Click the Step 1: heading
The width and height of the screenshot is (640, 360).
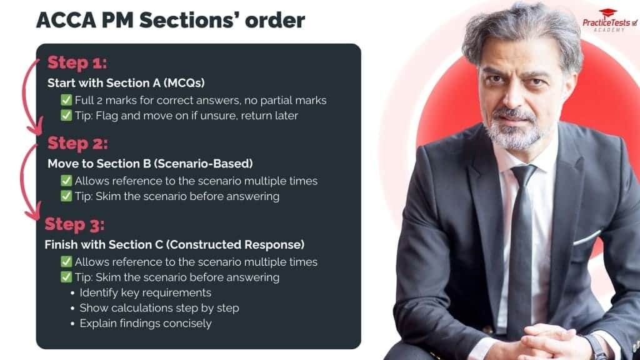pos(77,63)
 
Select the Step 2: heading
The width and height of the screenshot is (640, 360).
pos(77,143)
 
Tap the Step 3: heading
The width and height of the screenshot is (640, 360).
pos(74,224)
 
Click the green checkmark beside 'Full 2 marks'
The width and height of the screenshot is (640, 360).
pos(66,100)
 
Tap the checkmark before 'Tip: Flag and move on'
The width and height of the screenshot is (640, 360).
pos(66,115)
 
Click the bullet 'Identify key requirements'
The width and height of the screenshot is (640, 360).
pos(145,292)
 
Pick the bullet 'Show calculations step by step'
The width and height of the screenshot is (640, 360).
pos(159,308)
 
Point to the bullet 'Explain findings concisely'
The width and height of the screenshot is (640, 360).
pos(145,323)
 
